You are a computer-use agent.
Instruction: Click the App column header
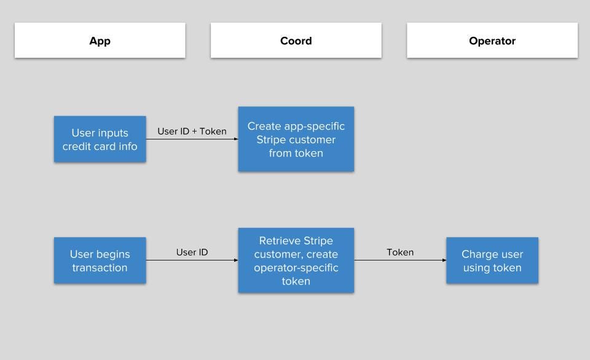pos(100,41)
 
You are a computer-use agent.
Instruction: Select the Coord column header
pos(296,41)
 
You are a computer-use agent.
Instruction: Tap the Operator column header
pos(492,41)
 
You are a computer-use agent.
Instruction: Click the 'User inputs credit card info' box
pos(100,139)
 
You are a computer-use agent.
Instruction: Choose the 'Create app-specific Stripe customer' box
pos(296,139)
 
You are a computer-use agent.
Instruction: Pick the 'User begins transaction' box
pos(100,260)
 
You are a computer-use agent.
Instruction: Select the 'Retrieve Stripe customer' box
pos(296,260)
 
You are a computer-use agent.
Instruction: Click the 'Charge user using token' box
pos(492,260)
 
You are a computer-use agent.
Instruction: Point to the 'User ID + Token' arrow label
pos(192,131)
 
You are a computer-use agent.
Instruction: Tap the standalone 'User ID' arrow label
pos(192,252)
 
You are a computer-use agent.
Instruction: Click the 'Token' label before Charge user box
pos(400,252)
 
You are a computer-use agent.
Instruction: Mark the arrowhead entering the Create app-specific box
pos(236,139)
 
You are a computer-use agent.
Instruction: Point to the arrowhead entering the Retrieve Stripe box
pos(236,260)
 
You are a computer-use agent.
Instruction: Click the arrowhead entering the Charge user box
pos(444,260)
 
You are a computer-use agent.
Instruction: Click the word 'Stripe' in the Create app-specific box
pos(270,140)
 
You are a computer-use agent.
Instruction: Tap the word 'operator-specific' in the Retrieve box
pos(296,268)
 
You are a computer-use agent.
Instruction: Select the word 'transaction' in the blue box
pos(100,267)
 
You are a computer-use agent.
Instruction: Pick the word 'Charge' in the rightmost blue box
pos(478,255)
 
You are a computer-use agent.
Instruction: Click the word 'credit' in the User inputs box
pos(76,146)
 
